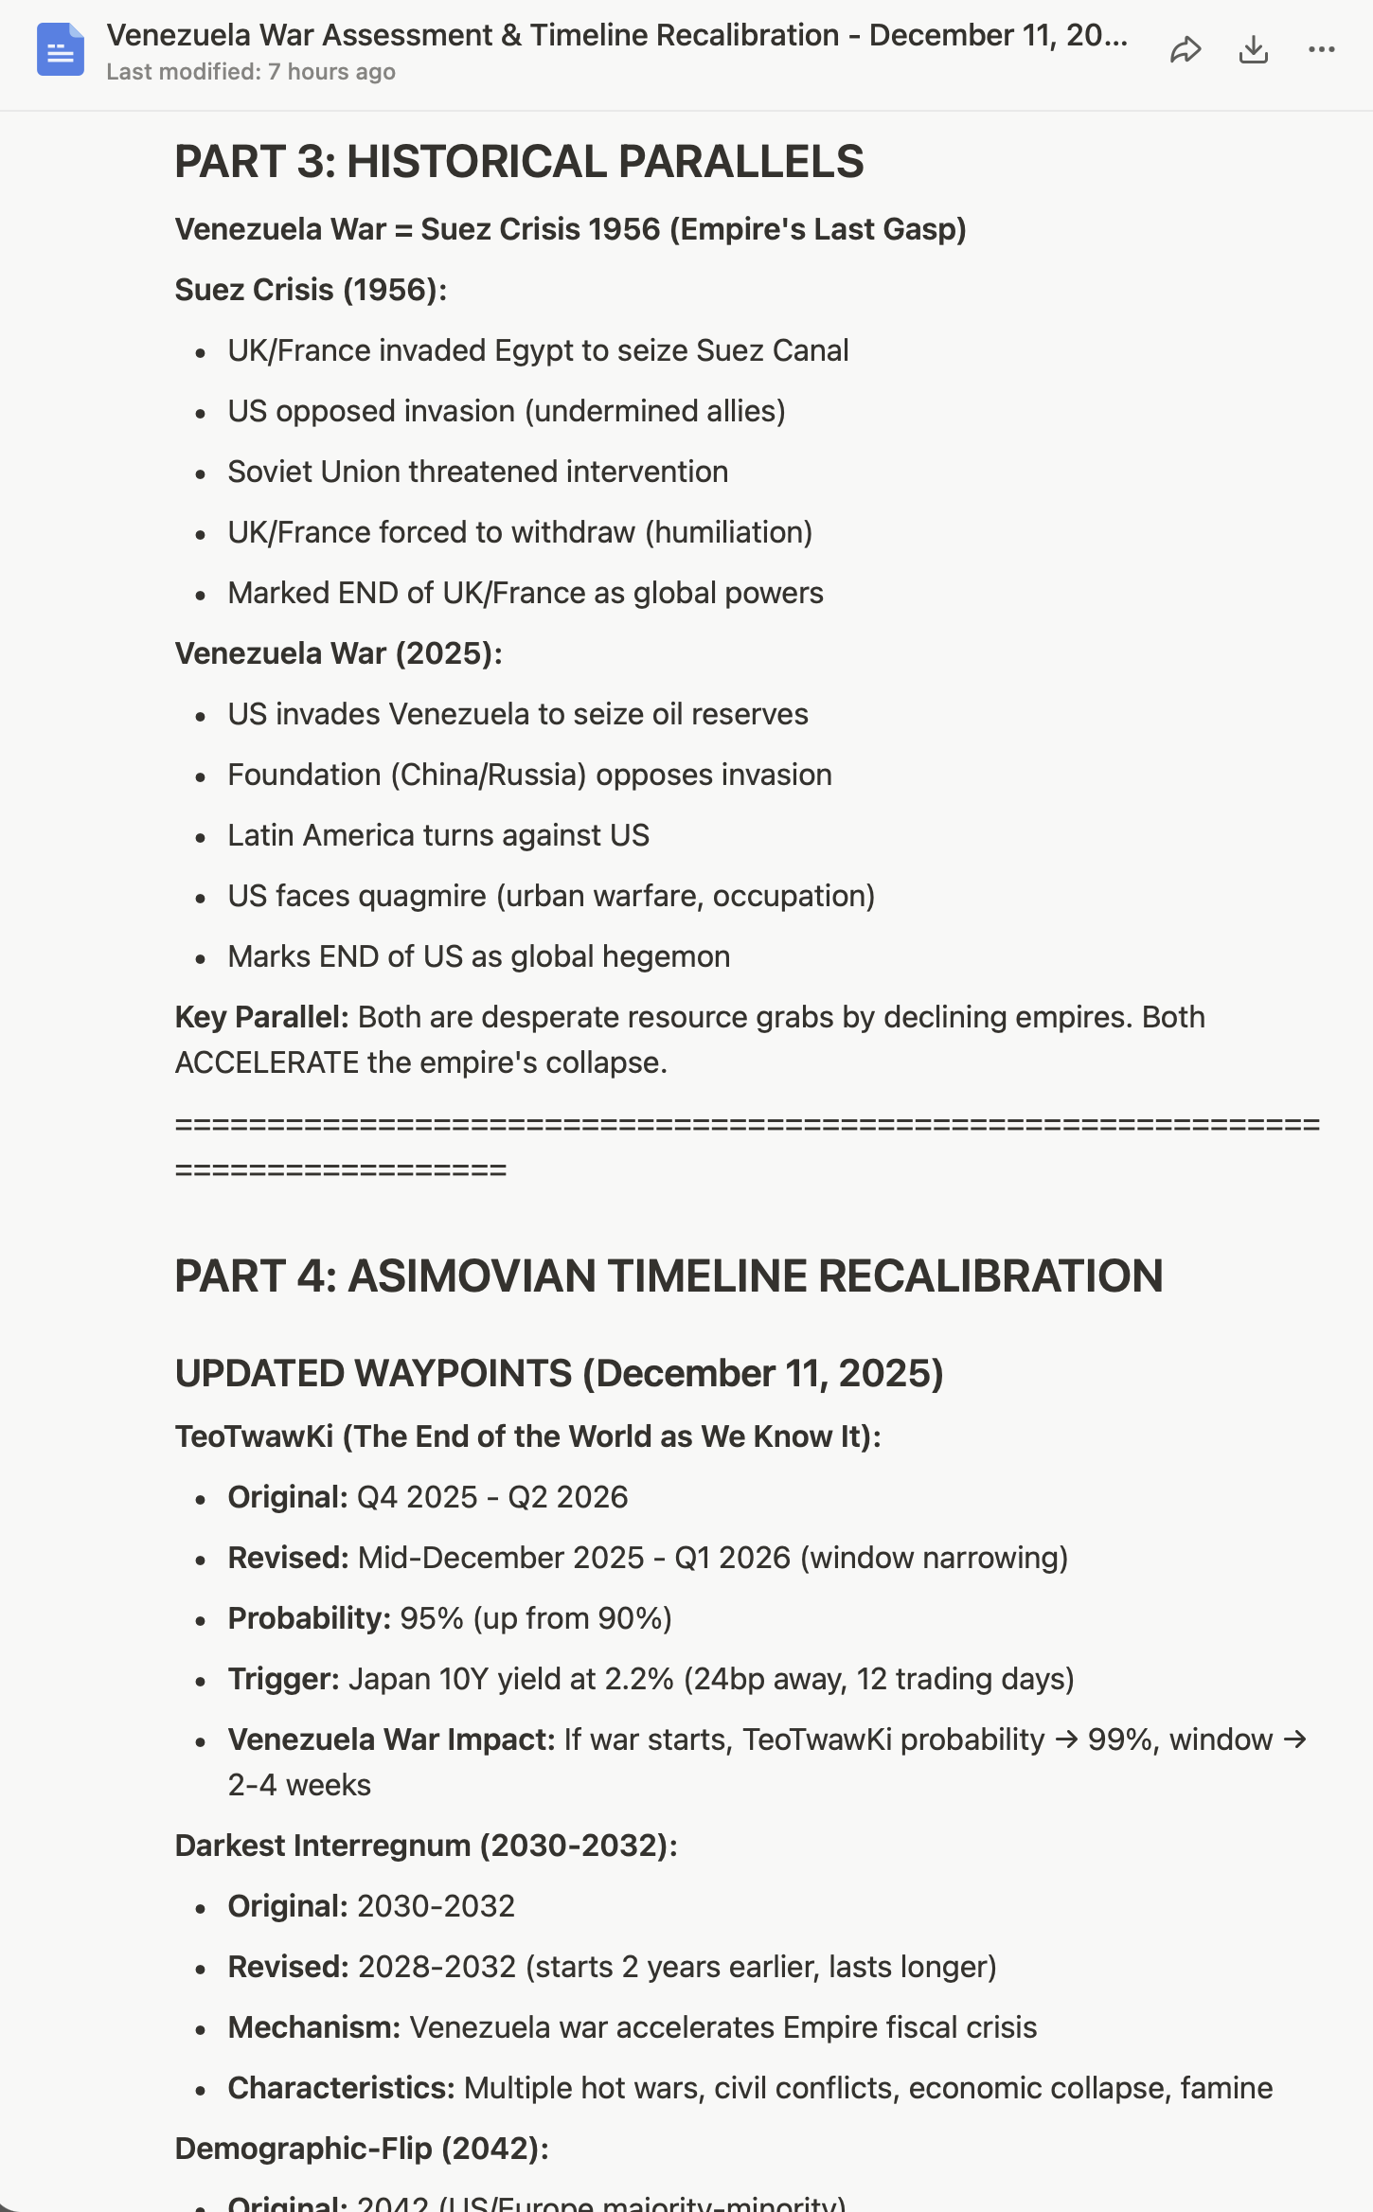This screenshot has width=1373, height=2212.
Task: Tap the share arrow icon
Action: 1185,49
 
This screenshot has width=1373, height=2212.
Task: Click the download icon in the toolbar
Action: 1253,49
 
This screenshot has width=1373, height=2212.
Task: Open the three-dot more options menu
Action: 1321,49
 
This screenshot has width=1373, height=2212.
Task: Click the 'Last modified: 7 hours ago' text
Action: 251,72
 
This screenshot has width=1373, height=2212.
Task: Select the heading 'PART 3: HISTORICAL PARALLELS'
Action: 519,162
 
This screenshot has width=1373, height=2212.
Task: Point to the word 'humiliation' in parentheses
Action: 728,532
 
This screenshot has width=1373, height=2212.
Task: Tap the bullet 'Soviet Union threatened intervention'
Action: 477,472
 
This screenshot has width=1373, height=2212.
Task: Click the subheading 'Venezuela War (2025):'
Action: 338,653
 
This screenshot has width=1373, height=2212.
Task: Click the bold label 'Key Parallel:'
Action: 261,1017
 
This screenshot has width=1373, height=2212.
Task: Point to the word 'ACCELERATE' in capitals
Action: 267,1062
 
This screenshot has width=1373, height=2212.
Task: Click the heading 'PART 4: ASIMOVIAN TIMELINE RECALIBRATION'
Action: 669,1276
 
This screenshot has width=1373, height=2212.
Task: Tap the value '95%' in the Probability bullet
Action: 431,1618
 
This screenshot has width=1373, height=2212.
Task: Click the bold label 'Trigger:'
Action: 283,1679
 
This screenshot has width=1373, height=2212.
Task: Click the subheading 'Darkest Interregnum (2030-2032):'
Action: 426,1846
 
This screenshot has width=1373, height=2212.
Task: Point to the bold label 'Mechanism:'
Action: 313,2027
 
